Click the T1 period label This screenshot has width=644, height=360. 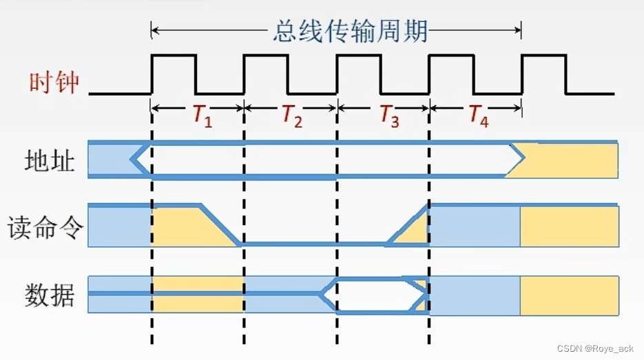(x=202, y=116)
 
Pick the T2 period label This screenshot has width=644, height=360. (x=292, y=116)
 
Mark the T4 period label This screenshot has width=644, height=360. (x=479, y=116)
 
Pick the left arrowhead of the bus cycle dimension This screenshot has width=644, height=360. (x=156, y=30)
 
